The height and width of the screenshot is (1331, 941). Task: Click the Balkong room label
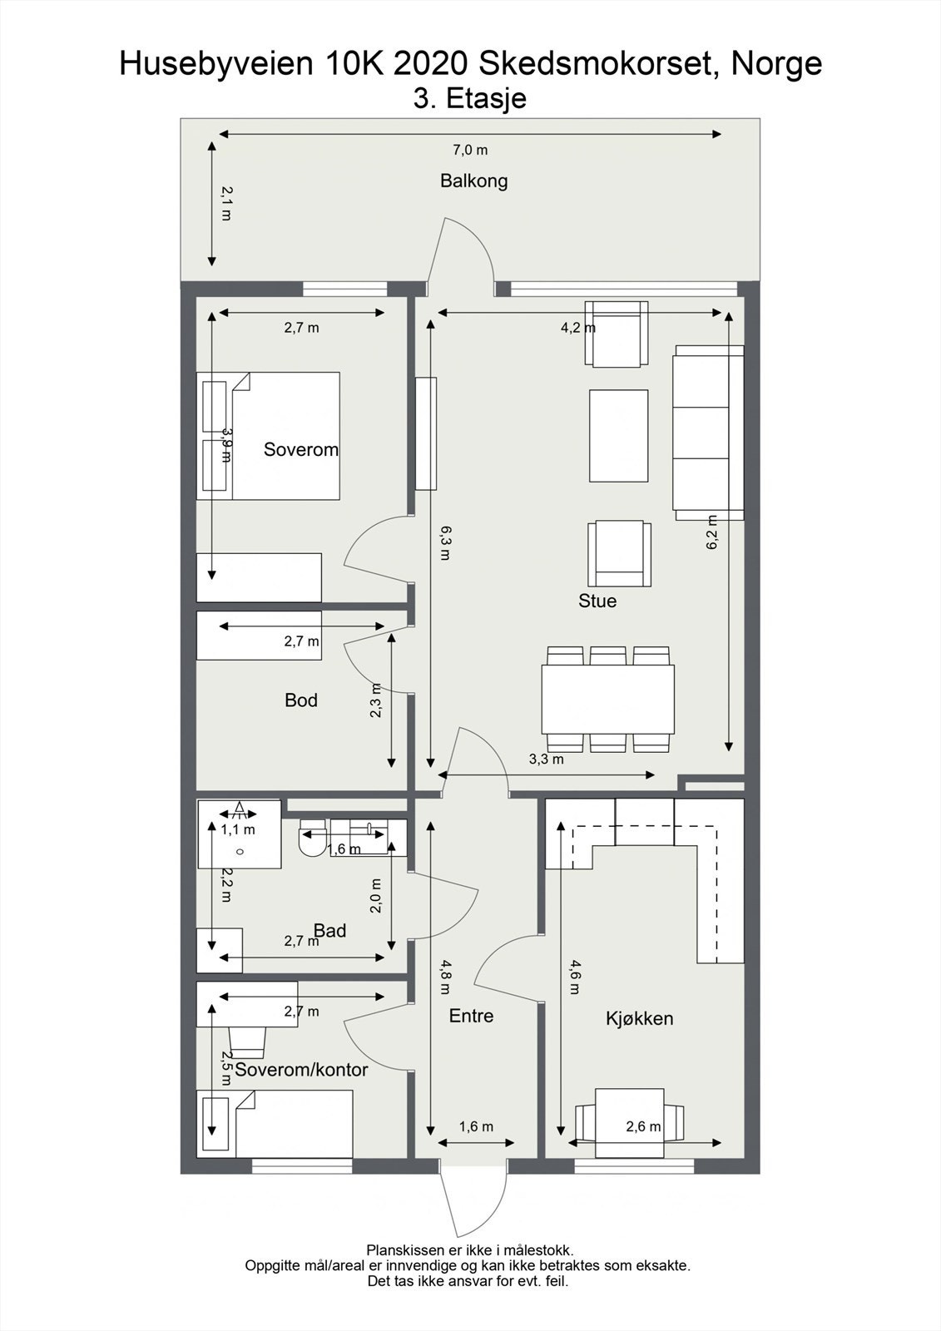pyautogui.click(x=473, y=181)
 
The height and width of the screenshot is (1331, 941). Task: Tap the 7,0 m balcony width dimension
pyautogui.click(x=470, y=151)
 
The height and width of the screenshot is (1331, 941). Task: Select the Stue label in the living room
pyautogui.click(x=597, y=601)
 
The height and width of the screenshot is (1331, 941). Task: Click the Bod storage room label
pyautogui.click(x=301, y=700)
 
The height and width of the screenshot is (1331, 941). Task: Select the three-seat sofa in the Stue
pyautogui.click(x=708, y=433)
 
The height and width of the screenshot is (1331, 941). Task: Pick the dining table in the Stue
pyautogui.click(x=607, y=700)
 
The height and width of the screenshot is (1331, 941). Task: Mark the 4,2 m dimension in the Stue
pyautogui.click(x=577, y=328)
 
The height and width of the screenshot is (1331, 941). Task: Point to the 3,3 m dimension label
pyautogui.click(x=547, y=759)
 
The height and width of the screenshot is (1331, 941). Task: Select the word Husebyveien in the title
pyautogui.click(x=216, y=64)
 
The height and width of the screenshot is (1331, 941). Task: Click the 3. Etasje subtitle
pyautogui.click(x=470, y=99)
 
